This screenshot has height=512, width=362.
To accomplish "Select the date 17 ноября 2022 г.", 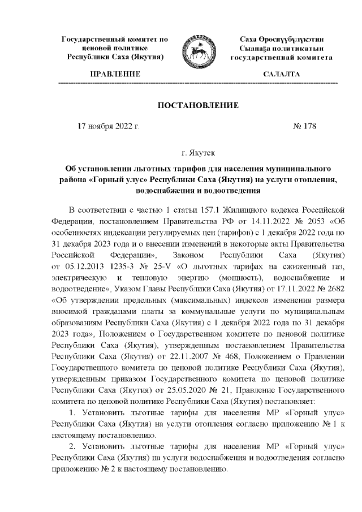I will (108, 126).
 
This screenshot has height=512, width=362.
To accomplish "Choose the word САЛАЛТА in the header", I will (281, 74).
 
